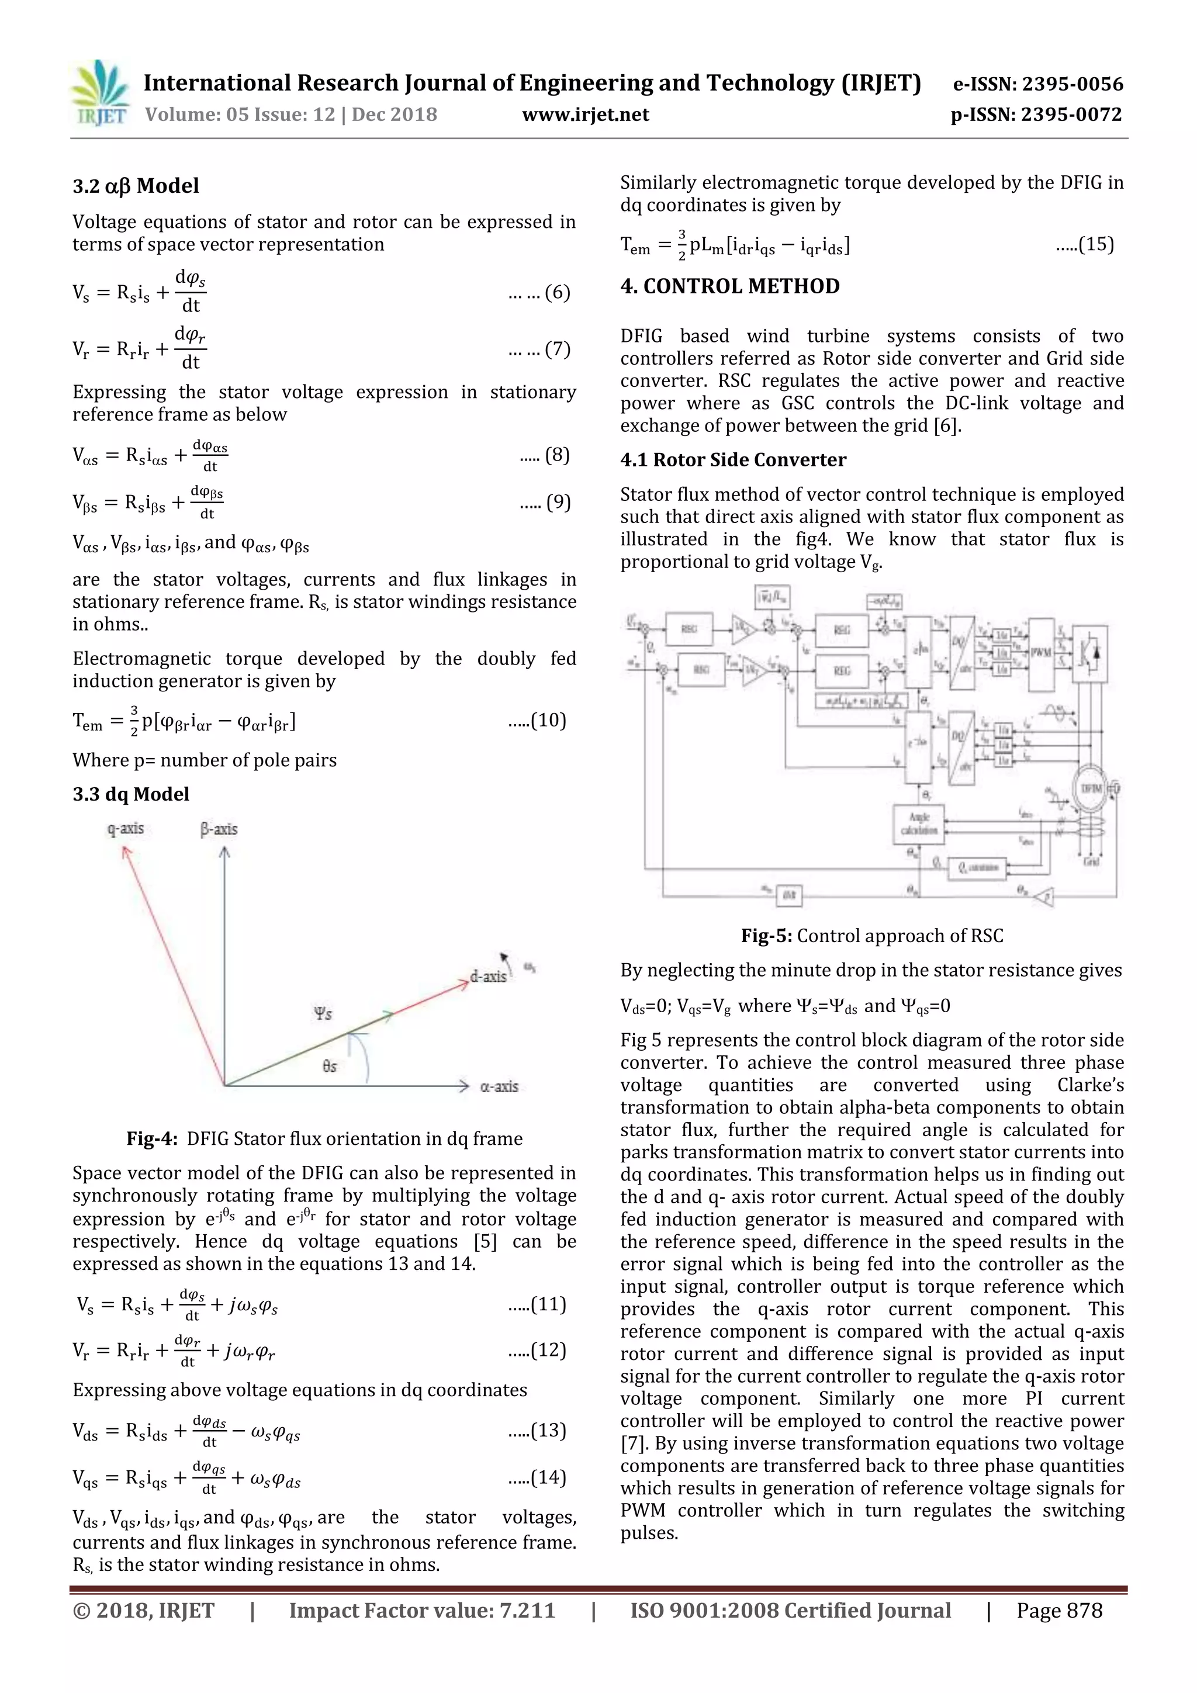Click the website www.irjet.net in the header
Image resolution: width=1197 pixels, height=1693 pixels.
pos(586,115)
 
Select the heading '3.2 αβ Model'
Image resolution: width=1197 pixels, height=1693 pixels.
pos(136,186)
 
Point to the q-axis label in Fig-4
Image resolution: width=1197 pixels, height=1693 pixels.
pos(126,828)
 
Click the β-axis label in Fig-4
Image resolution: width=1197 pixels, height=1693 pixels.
pos(219,829)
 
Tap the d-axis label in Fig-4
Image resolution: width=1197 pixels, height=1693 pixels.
pos(488,977)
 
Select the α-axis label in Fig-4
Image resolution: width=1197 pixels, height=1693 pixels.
pos(499,1086)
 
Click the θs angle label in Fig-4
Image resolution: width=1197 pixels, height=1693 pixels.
pos(329,1067)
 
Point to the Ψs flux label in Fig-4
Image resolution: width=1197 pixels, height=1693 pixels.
pos(323,1013)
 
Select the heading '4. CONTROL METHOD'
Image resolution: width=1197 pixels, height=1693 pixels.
pos(729,286)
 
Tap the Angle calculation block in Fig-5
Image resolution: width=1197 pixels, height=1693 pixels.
pos(919,823)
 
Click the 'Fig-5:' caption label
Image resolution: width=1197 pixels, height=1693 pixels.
pos(766,936)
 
